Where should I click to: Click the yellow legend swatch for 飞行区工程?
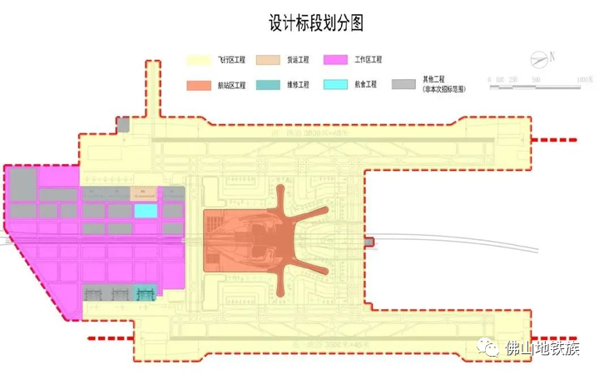tap(200, 60)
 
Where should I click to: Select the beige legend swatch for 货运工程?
tap(267, 60)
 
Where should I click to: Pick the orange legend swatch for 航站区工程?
tap(200, 85)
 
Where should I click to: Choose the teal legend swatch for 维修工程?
tap(267, 85)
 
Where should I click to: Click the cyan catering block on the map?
tap(146, 211)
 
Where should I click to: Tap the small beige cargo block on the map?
tap(146, 192)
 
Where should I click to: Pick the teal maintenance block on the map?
tap(146, 293)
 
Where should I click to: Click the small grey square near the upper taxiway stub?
tap(123, 126)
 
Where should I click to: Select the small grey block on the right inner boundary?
tap(369, 242)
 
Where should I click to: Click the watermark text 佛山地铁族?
tap(543, 348)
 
